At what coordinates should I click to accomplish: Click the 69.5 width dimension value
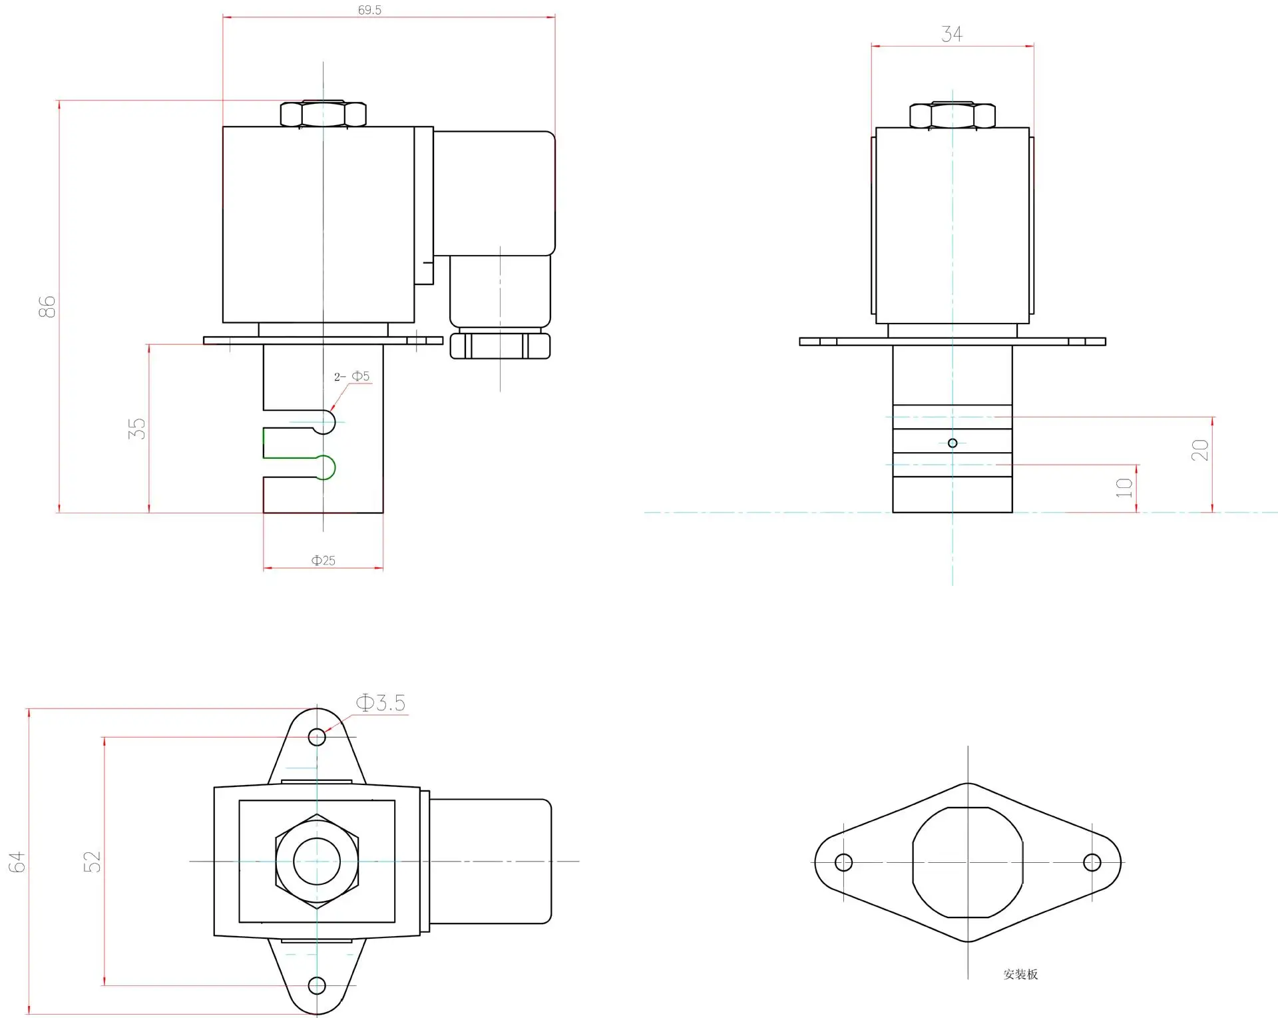pos(369,10)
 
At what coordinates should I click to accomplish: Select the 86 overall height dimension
pos(47,307)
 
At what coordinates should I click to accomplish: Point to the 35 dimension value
pos(136,428)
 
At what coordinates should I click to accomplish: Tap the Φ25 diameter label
pos(323,561)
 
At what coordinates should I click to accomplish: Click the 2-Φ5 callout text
pos(351,376)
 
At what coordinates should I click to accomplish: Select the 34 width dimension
pos(952,34)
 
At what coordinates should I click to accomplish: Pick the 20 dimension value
pos(1199,450)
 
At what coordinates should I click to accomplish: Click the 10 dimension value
pos(1124,488)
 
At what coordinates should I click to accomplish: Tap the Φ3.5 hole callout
pos(381,703)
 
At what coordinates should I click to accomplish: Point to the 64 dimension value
pos(17,862)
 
